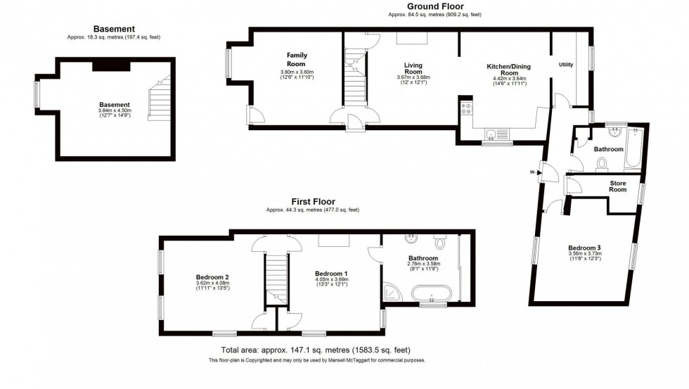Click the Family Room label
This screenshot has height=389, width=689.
(297, 60)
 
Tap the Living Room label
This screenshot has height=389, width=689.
(413, 68)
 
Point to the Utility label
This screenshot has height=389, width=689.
(565, 64)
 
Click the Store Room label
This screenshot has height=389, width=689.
(617, 186)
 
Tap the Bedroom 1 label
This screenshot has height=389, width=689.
(331, 273)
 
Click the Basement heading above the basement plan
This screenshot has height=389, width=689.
(114, 29)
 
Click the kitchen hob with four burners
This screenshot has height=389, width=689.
(465, 108)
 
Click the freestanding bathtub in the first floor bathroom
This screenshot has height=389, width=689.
(431, 293)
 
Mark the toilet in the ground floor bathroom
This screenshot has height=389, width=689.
(602, 165)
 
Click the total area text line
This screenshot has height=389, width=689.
(316, 350)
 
